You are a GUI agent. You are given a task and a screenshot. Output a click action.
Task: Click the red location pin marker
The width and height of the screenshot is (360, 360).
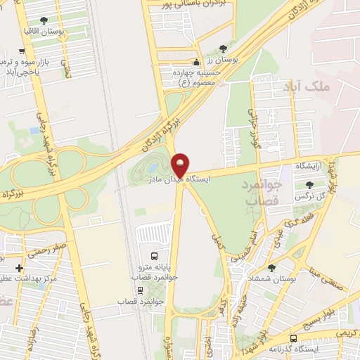point(181,166)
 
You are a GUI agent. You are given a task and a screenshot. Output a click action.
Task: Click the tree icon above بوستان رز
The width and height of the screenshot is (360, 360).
point(224,49)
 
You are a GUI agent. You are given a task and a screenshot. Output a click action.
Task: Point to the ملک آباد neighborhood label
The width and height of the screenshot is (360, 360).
point(307,86)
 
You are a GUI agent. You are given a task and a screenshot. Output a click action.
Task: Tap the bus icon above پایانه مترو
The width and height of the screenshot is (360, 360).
point(155,255)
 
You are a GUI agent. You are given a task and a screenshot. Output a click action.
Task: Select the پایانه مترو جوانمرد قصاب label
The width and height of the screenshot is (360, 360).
point(155,272)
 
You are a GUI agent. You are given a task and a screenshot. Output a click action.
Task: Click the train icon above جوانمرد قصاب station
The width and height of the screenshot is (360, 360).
point(141,290)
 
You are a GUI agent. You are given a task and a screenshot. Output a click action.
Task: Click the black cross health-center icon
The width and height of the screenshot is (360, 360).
point(18,268)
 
